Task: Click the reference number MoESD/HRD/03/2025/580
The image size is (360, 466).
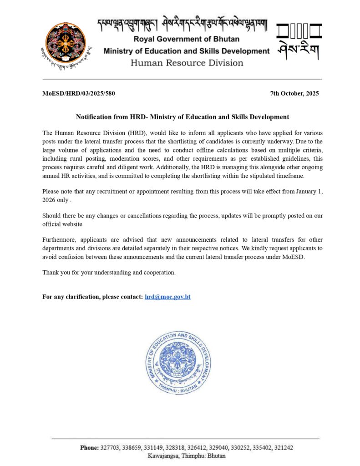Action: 79,94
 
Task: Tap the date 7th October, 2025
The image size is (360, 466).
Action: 294,94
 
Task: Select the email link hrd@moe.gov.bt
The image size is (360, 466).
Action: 167,297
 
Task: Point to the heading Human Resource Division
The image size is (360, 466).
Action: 187,63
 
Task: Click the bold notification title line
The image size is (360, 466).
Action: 183,117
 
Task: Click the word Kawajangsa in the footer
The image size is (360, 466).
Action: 163,456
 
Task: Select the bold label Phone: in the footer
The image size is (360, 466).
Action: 89,448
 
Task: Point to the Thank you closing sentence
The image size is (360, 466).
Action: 109,273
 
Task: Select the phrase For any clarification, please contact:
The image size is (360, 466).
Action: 93,297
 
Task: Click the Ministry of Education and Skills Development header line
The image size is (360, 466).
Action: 187,51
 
